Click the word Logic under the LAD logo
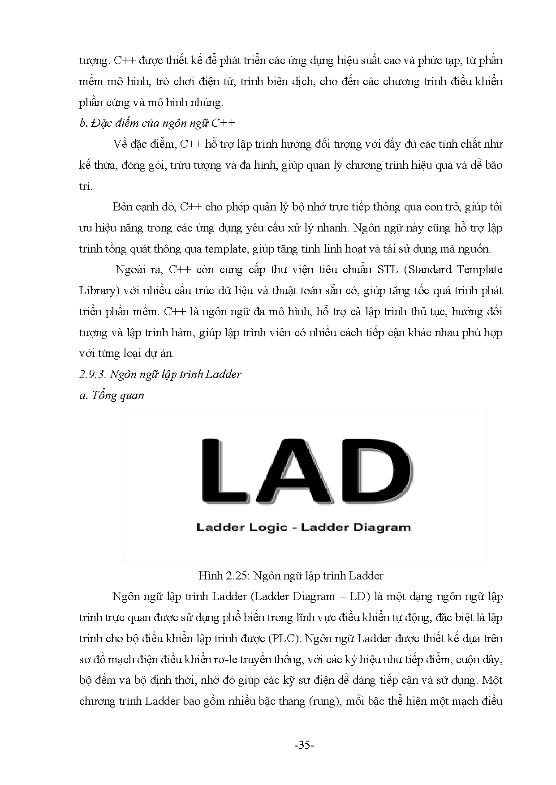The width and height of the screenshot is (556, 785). pyautogui.click(x=267, y=527)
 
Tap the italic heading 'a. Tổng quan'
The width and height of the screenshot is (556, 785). pyautogui.click(x=112, y=395)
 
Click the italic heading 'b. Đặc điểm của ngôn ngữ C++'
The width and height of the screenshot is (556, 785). pyautogui.click(x=157, y=124)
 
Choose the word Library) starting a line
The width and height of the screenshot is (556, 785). pyautogui.click(x=98, y=291)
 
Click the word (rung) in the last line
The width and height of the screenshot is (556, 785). pyautogui.click(x=322, y=701)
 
